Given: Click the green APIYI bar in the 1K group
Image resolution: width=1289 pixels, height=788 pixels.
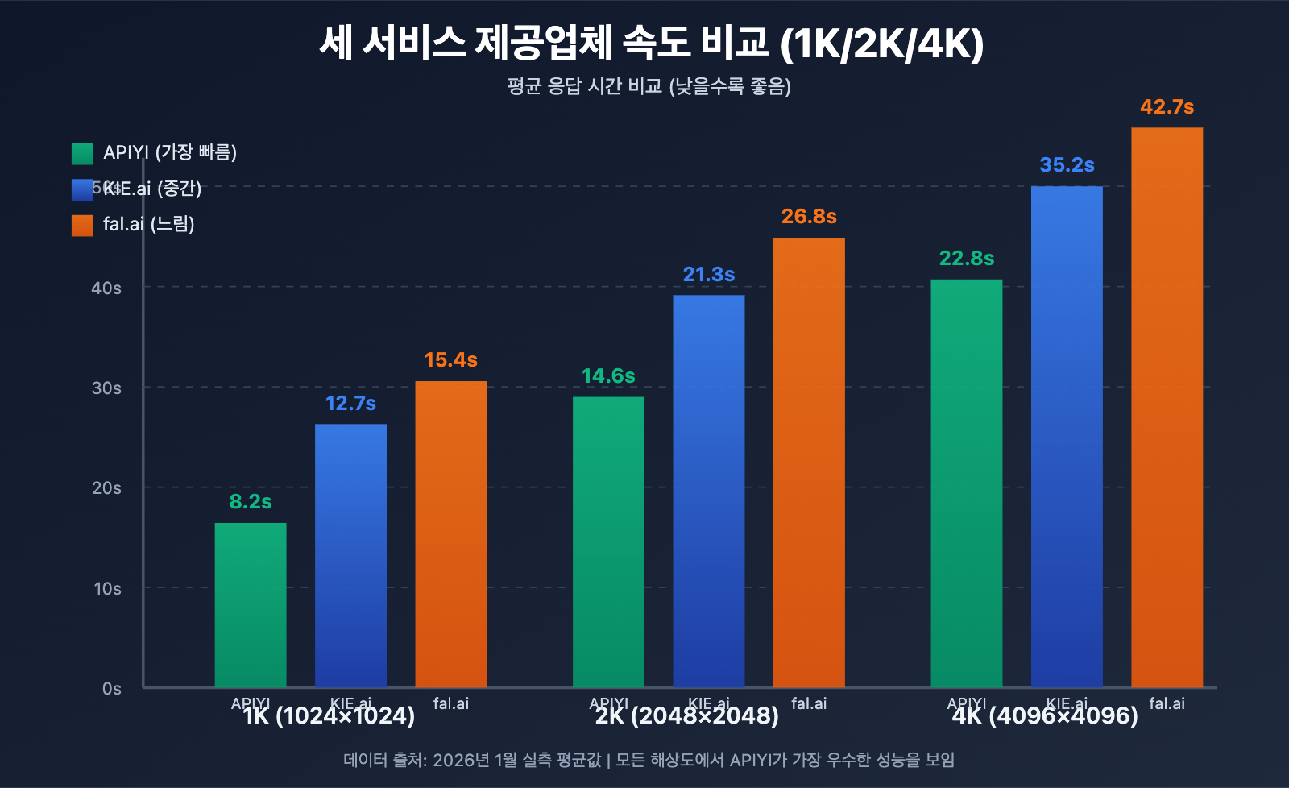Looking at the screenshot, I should pos(250,604).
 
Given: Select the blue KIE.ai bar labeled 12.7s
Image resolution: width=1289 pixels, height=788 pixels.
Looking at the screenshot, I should pos(350,556).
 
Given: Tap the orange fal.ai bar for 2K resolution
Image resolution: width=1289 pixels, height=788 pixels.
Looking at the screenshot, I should pos(809,463).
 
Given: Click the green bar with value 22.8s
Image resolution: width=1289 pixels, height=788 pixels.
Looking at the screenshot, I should pos(966,483).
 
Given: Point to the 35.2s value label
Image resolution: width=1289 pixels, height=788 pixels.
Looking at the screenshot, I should pos(1067,165).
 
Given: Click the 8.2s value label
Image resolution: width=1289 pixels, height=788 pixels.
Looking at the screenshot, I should pos(250,502).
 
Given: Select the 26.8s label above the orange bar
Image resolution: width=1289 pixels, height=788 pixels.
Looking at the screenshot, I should pos(809,217).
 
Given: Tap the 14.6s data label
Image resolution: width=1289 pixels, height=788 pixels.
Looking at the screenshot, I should pos(608,376).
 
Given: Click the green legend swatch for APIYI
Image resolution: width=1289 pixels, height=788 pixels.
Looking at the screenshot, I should pos(82,153).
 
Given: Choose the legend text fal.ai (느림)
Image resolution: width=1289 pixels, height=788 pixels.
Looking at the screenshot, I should pos(149,224).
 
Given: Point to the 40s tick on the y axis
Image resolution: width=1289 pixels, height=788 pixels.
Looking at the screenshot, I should pos(106,288).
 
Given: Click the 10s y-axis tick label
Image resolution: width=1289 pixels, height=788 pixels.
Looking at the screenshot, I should pos(107,589).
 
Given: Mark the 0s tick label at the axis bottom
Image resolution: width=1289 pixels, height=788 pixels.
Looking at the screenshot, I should pos(111,689).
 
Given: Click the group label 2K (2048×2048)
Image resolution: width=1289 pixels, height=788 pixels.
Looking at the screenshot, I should pos(686,716).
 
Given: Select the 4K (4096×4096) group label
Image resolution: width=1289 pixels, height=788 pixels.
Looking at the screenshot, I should pos(1044,716).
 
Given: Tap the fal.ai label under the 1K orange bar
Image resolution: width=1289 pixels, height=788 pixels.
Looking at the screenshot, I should pos(450,703).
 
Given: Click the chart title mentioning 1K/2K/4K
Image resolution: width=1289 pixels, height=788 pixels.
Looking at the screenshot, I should pos(651,44).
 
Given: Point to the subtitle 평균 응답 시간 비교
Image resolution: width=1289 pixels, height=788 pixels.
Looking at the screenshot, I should pos(649,86).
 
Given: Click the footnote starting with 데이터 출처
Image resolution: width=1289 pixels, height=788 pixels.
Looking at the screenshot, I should pos(649,760).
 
